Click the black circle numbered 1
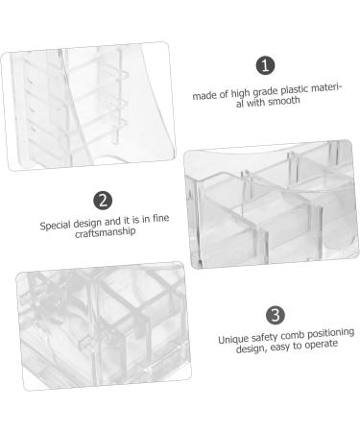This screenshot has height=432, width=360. click(x=266, y=65)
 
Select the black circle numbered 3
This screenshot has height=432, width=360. click(x=275, y=314)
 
